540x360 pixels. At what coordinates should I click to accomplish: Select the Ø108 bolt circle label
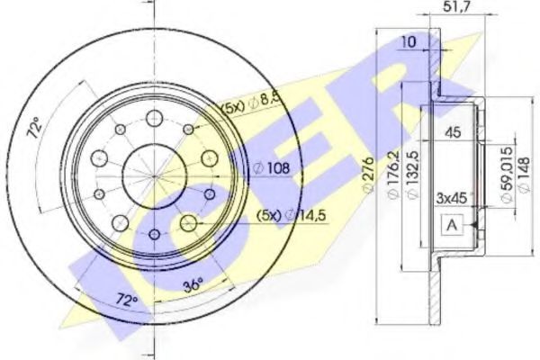click(x=270, y=167)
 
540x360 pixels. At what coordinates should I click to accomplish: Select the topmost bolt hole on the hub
click(x=153, y=116)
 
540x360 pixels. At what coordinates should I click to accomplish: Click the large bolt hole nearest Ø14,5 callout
click(x=187, y=221)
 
